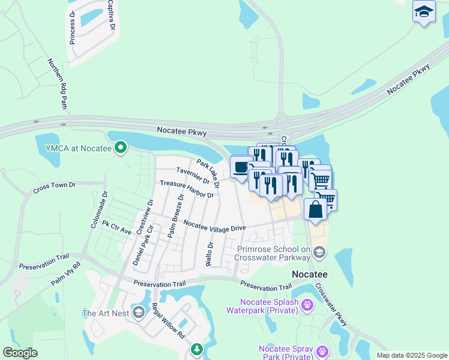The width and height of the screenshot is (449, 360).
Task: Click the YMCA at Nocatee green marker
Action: tap(121, 146)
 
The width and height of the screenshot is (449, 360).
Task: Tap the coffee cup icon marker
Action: tap(241, 167)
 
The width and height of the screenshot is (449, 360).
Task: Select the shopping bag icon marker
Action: tap(315, 209)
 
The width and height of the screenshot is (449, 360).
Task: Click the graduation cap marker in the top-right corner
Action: tap(424, 12)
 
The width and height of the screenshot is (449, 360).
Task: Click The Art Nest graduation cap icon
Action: tap(139, 313)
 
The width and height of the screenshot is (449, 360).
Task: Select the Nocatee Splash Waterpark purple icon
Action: tap(307, 305)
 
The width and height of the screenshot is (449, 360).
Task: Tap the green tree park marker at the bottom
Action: tap(196, 349)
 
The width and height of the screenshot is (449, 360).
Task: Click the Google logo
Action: tap(20, 353)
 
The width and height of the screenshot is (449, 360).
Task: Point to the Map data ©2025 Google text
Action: tap(411, 355)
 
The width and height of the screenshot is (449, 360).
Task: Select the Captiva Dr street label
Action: tap(110, 14)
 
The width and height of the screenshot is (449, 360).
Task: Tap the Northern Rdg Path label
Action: tap(58, 83)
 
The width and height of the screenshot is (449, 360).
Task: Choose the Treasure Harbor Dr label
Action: tap(186, 190)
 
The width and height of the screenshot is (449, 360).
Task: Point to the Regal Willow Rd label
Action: tap(169, 322)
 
